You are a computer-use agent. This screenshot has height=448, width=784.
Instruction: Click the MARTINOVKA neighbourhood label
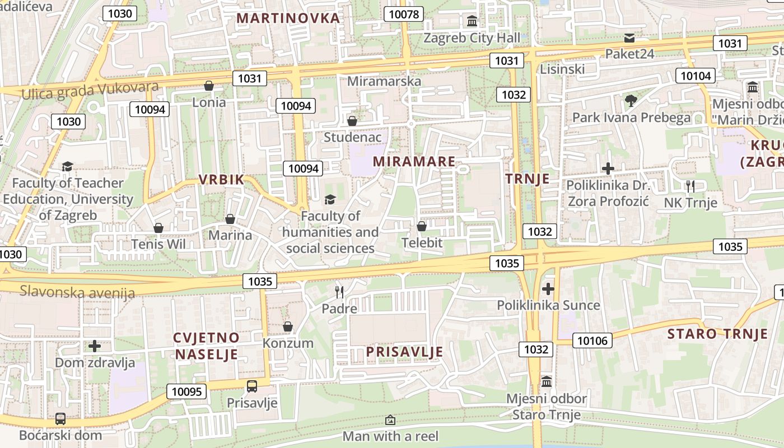tap(288, 18)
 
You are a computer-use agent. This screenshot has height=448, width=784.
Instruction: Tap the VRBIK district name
tap(222, 180)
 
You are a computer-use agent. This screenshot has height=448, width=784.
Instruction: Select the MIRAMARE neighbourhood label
tap(414, 161)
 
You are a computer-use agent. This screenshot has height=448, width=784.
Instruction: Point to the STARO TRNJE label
tap(717, 334)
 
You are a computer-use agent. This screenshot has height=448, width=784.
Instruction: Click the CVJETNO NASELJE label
tap(206, 346)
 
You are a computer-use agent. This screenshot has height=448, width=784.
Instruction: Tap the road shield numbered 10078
tap(403, 15)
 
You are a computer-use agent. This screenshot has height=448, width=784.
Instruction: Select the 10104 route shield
tap(696, 76)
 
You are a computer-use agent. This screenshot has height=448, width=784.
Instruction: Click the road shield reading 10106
tap(592, 340)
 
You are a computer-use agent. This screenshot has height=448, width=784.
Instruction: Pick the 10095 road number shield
tap(186, 391)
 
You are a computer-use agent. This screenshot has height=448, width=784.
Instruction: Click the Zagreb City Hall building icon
tap(472, 22)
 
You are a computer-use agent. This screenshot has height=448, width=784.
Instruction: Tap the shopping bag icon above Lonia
tap(209, 86)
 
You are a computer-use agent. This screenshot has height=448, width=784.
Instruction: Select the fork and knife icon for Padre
tap(339, 292)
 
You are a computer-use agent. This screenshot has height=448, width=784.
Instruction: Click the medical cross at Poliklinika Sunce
tap(548, 289)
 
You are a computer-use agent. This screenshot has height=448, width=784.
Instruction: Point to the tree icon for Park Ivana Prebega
tap(631, 101)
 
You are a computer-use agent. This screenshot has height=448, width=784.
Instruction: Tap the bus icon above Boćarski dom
tap(60, 418)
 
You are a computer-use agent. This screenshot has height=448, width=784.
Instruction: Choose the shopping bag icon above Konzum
tap(288, 326)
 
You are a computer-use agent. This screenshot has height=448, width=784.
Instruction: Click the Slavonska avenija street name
tap(77, 292)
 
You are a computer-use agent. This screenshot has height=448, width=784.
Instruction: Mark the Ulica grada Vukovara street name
tap(90, 90)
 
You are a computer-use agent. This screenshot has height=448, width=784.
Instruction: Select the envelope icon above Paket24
tap(629, 38)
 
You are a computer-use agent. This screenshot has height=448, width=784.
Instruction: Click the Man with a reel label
tap(390, 436)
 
